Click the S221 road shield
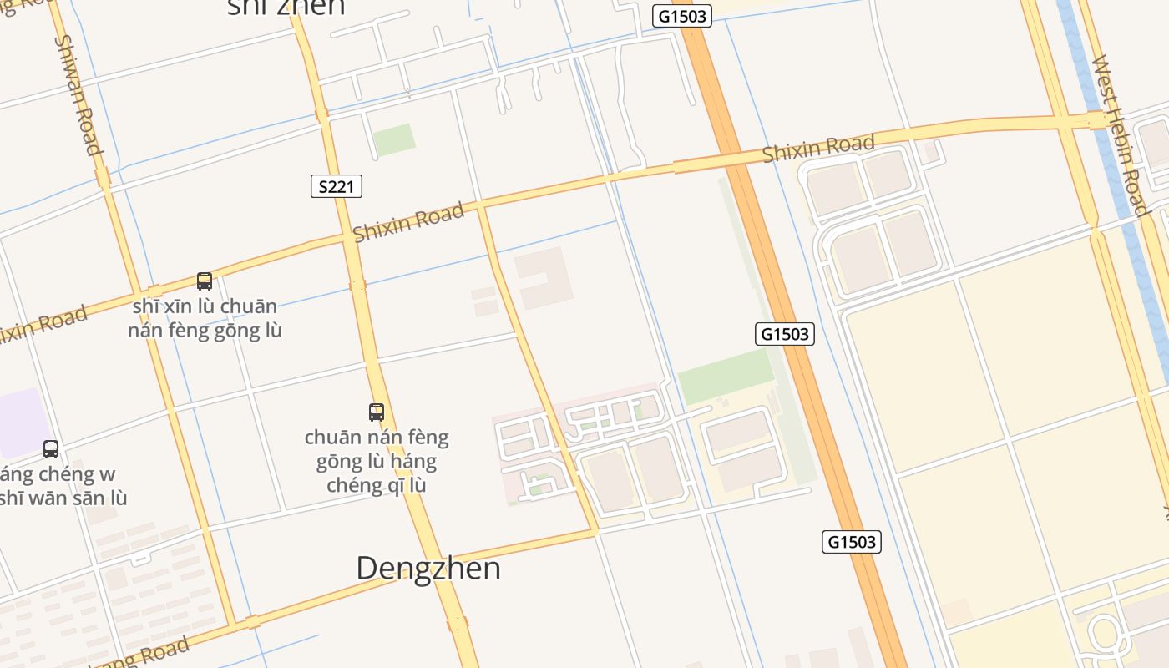[x=337, y=186]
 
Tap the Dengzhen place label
[x=428, y=568]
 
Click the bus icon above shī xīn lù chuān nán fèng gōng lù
[x=205, y=281]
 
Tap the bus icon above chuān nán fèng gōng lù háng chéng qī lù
[x=377, y=412]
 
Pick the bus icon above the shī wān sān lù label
[x=51, y=449]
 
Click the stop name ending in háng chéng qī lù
[x=377, y=461]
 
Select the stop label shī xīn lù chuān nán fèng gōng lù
[x=205, y=318]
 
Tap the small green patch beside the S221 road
[x=393, y=139]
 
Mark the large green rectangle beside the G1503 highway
[x=726, y=376]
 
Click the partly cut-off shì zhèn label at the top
[x=286, y=8]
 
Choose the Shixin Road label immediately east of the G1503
[x=818, y=149]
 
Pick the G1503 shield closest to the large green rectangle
[x=785, y=334]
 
